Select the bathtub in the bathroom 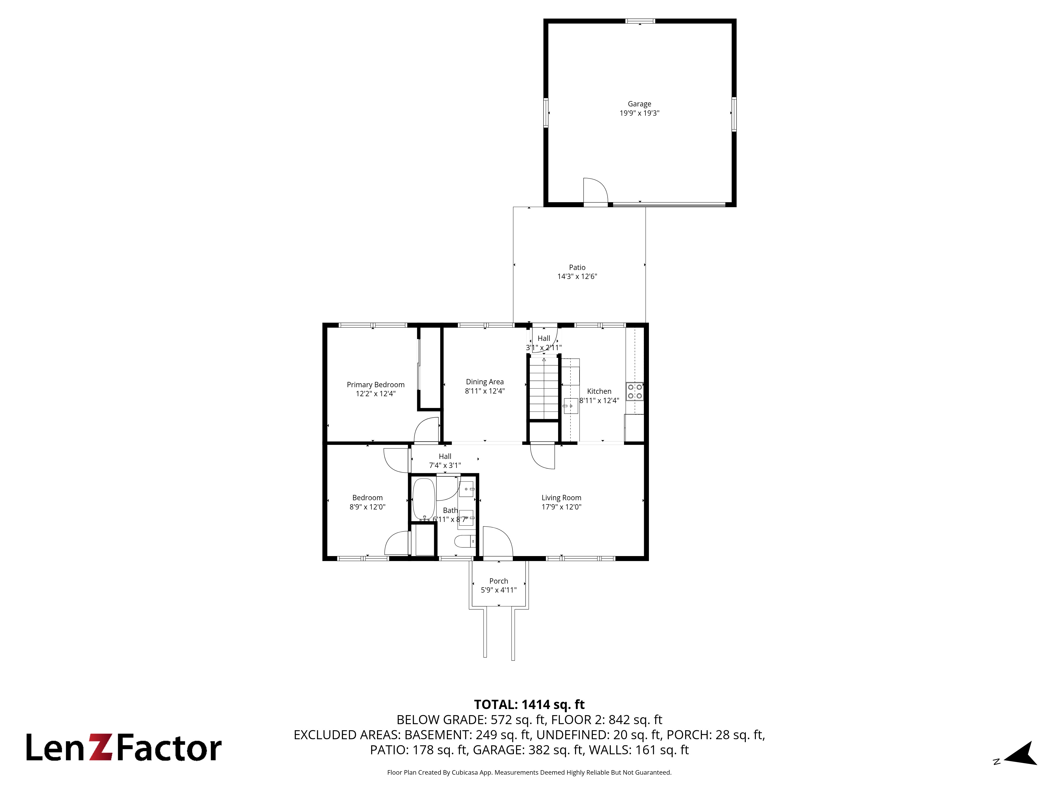pyautogui.click(x=424, y=499)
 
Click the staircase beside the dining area pyautogui.click(x=544, y=389)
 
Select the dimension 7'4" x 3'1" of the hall pyautogui.click(x=445, y=465)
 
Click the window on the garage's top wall pyautogui.click(x=640, y=21)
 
